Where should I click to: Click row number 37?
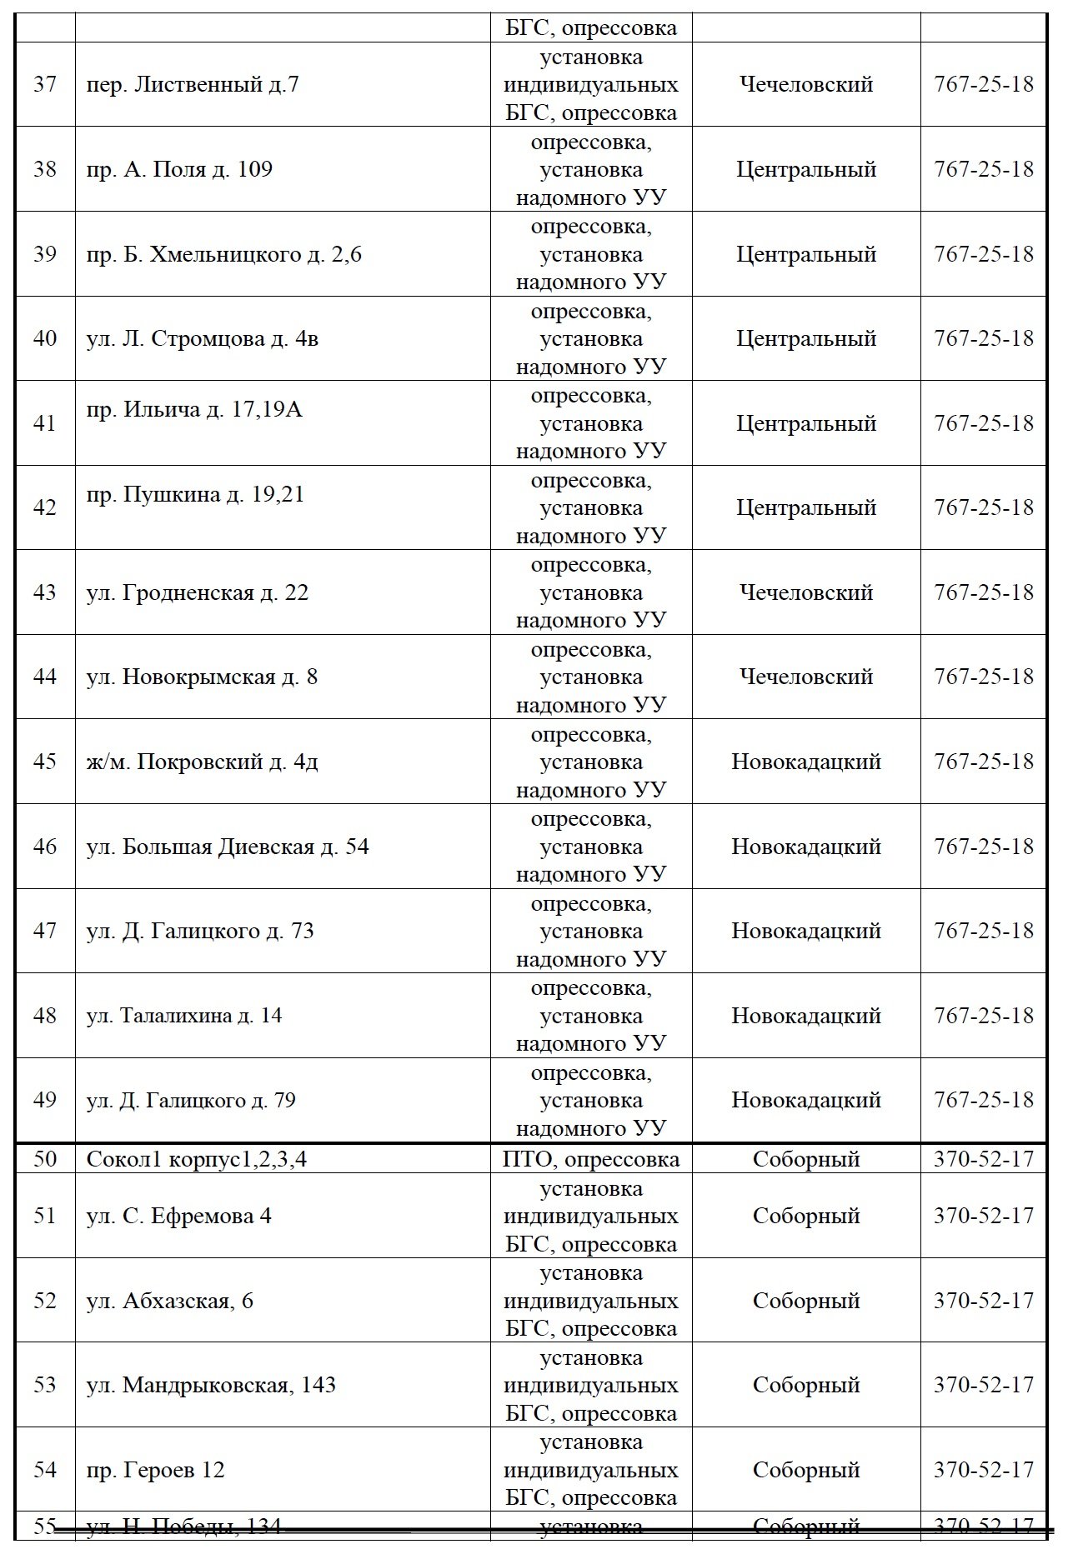[x=45, y=85]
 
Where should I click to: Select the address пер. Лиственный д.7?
[x=192, y=85]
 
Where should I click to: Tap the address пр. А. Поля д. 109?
[x=179, y=170]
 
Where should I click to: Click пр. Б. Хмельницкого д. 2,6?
[x=223, y=254]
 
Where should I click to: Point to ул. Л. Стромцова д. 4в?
[x=202, y=339]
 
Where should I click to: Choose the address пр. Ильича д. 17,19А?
[x=194, y=410]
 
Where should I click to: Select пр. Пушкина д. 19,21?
[x=195, y=495]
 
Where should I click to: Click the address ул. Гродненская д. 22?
[x=197, y=593]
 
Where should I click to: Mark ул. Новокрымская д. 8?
[x=202, y=677]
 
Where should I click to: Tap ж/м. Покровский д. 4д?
[x=202, y=762]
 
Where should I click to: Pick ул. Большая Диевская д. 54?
[x=227, y=847]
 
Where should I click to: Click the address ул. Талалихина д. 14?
[x=184, y=1017]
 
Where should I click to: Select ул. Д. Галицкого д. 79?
[x=191, y=1101]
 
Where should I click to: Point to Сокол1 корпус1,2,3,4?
[x=196, y=1159]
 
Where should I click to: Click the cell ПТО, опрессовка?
[x=591, y=1159]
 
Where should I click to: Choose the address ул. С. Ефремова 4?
[x=178, y=1217]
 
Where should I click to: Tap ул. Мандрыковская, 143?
[x=211, y=1386]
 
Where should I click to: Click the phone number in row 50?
[x=983, y=1159]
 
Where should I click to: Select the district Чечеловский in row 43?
[x=805, y=593]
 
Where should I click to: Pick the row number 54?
[x=45, y=1471]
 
